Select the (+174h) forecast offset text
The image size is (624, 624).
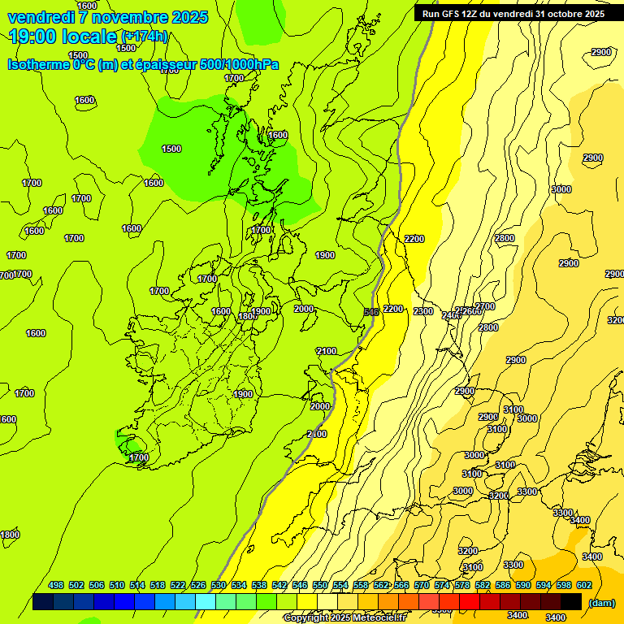point(144,37)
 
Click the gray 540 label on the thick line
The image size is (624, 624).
point(371,312)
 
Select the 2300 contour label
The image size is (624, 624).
point(423,311)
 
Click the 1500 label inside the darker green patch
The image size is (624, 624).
point(171,149)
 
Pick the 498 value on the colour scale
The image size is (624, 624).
point(56,585)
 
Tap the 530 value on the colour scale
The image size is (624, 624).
point(219,585)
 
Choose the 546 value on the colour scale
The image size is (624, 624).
point(300,585)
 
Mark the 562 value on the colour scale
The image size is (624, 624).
point(381,585)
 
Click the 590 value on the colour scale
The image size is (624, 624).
point(523,585)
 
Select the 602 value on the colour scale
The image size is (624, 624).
point(584,585)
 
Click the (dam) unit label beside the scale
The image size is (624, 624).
point(601,603)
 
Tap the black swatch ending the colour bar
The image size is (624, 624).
point(571,602)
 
